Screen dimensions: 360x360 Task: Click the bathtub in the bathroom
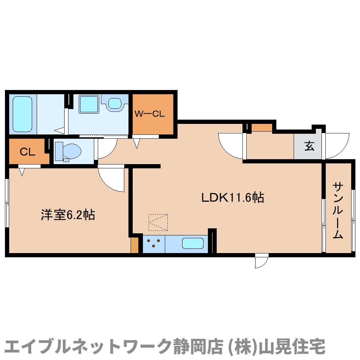23,114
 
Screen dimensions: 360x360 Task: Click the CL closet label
27,152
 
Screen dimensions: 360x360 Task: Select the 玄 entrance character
309,146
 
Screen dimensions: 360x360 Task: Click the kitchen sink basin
193,244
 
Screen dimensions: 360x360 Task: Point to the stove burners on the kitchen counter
154,244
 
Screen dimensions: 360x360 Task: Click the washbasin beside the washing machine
115,103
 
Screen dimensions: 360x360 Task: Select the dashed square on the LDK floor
158,222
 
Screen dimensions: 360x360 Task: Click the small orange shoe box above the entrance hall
262,127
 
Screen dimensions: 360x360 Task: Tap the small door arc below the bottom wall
262,261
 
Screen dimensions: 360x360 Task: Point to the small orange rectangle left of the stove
134,245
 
